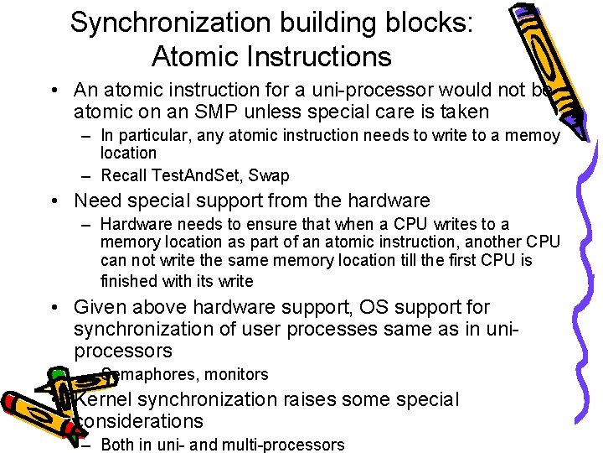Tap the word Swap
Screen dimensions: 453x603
click(269, 175)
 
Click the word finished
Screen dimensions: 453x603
click(127, 280)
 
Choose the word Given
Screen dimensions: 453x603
click(99, 307)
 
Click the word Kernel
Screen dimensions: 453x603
click(106, 399)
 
